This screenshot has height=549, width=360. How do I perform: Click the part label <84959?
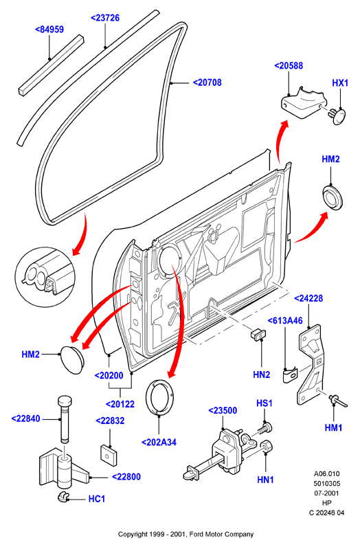tap(49, 30)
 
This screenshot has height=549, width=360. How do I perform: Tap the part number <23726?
tap(105, 18)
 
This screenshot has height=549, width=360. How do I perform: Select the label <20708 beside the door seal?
tap(207, 82)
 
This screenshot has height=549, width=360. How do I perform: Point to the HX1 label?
tap(340, 83)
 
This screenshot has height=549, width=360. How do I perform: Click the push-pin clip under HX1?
tap(337, 116)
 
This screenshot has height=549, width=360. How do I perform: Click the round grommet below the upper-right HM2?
tap(333, 197)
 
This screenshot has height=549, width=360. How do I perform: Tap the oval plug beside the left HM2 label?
tap(72, 359)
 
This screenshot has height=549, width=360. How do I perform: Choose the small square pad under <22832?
tap(109, 455)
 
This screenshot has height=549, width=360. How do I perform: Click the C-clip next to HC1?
tap(63, 497)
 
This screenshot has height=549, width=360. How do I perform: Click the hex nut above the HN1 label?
tap(267, 446)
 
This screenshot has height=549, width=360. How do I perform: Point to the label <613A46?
tap(285, 321)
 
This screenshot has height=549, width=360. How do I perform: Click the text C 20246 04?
tap(327, 513)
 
